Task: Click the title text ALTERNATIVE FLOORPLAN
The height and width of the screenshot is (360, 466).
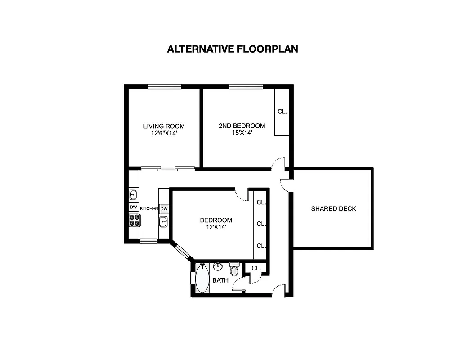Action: click(x=232, y=49)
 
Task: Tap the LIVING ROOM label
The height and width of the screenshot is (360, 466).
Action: click(x=164, y=126)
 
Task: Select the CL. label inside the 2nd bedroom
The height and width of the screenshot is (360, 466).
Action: click(x=282, y=111)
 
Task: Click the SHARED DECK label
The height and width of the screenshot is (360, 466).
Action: click(x=333, y=208)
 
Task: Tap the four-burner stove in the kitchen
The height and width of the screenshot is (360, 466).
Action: click(x=134, y=220)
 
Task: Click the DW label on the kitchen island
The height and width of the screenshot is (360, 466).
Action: click(x=164, y=209)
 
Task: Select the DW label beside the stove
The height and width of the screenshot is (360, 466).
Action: click(x=134, y=207)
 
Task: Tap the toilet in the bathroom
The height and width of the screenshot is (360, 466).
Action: click(x=234, y=270)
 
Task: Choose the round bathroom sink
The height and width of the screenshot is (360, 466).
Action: click(x=218, y=266)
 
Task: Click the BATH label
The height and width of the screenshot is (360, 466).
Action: click(x=220, y=280)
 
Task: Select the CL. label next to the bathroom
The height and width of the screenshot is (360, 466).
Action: click(x=256, y=268)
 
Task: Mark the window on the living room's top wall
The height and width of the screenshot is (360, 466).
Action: click(x=164, y=86)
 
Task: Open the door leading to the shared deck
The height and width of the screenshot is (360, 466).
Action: click(x=285, y=184)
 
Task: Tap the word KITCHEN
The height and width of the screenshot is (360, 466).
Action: click(x=148, y=209)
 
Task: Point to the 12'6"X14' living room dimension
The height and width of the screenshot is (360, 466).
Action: click(x=164, y=133)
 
